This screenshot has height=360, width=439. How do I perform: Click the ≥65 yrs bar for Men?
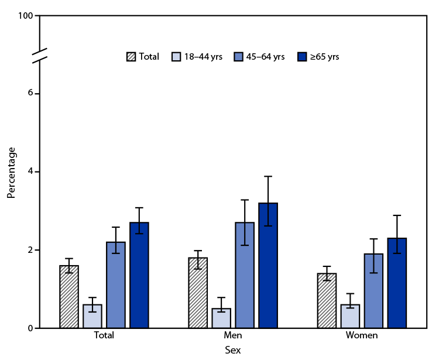pyautogui.click(x=268, y=265)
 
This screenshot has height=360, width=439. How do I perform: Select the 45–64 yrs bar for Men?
pyautogui.click(x=245, y=275)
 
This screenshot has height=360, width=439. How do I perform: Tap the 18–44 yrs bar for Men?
pyautogui.click(x=221, y=318)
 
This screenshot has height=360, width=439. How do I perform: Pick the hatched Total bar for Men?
pyautogui.click(x=198, y=293)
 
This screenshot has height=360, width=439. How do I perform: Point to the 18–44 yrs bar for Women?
pyautogui.click(x=350, y=316)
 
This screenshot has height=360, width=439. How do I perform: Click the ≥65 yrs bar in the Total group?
pyautogui.click(x=139, y=275)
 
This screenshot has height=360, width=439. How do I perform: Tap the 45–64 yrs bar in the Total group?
pyautogui.click(x=116, y=285)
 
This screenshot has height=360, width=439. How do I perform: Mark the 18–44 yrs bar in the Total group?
pyautogui.click(x=92, y=316)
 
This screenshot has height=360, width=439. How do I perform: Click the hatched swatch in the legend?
pyautogui.click(x=131, y=57)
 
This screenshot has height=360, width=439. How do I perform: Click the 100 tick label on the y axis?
pyautogui.click(x=25, y=15)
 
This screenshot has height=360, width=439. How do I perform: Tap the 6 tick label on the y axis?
pyautogui.click(x=29, y=94)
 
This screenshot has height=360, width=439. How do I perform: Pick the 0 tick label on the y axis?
pyautogui.click(x=29, y=328)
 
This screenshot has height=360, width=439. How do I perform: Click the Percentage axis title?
pyautogui.click(x=11, y=172)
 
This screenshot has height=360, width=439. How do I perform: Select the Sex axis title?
pyautogui.click(x=232, y=350)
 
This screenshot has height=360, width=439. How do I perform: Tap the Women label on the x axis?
pyautogui.click(x=362, y=336)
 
